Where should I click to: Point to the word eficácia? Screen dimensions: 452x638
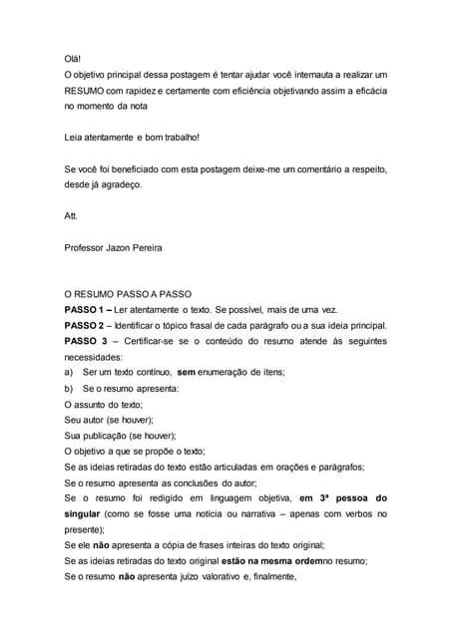coord(362,90)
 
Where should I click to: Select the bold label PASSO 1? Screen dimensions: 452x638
coord(88,310)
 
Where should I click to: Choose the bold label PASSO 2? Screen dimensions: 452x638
coord(88,325)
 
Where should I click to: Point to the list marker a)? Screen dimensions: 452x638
coord(69,372)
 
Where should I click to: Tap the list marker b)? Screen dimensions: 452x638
coord(69,387)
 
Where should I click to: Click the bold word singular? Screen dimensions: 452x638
coord(86,513)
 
